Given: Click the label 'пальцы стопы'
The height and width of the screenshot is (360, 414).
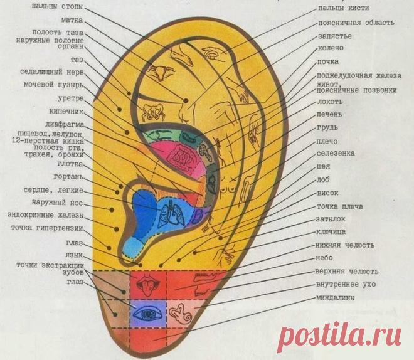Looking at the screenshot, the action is [x=57, y=6].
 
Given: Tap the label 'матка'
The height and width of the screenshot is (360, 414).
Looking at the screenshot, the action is [x=72, y=20].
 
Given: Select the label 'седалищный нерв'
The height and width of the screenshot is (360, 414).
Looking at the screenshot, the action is [x=52, y=72].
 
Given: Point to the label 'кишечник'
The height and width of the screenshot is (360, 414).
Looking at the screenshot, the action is [x=66, y=112].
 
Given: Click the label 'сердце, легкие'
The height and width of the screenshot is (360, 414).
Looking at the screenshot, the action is [x=53, y=190].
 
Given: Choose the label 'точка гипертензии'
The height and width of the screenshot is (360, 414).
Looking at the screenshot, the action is [x=47, y=228].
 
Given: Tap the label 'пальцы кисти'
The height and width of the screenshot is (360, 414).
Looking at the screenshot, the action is [x=343, y=8].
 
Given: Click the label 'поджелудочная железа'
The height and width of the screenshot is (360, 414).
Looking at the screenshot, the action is [x=359, y=76].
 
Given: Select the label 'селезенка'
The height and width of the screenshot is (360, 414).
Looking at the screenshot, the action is [x=336, y=153].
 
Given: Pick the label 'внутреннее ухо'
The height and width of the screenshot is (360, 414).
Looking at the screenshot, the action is [x=346, y=284].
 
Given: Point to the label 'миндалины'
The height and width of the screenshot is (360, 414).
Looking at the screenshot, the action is [x=336, y=298].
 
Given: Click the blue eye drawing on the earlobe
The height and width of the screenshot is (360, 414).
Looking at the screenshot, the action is [x=148, y=314].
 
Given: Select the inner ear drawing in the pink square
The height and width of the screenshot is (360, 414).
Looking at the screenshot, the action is [x=181, y=314].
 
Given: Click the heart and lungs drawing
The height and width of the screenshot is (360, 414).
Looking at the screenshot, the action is [x=170, y=213].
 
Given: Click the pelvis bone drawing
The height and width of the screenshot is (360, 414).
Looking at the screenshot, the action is [x=153, y=112].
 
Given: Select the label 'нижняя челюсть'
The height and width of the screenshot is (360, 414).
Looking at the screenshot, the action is [x=345, y=245].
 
